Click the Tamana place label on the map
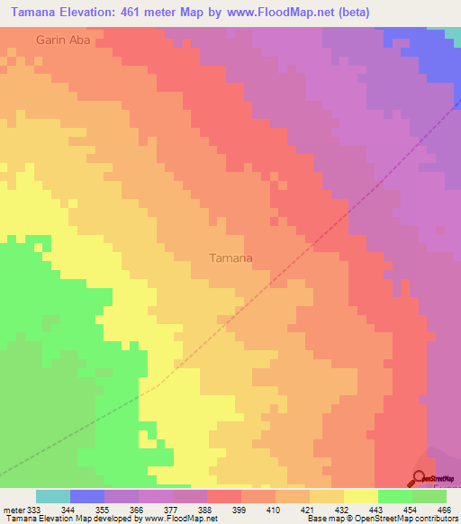click(x=230, y=257)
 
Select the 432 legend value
click(x=342, y=509)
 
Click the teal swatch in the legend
click(x=53, y=496)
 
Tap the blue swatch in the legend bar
click(x=87, y=496)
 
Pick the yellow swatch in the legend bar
click(x=360, y=496)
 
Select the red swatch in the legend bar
click(x=224, y=496)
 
